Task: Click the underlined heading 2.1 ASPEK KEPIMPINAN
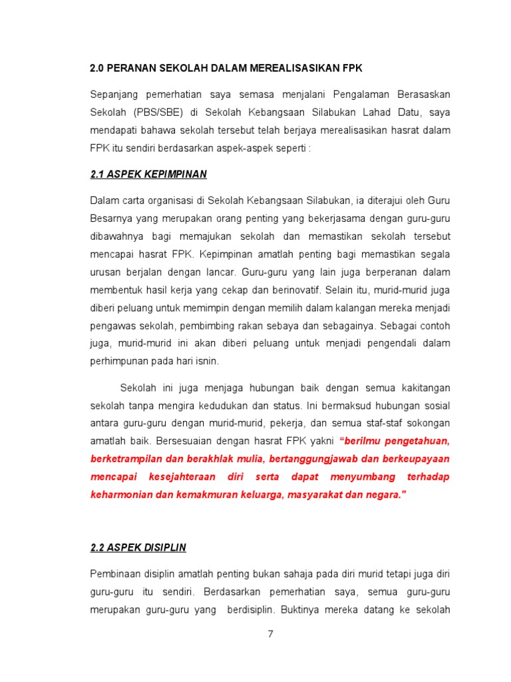(148, 174)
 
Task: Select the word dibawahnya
(116, 236)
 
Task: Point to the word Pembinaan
(114, 573)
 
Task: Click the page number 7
(270, 634)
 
